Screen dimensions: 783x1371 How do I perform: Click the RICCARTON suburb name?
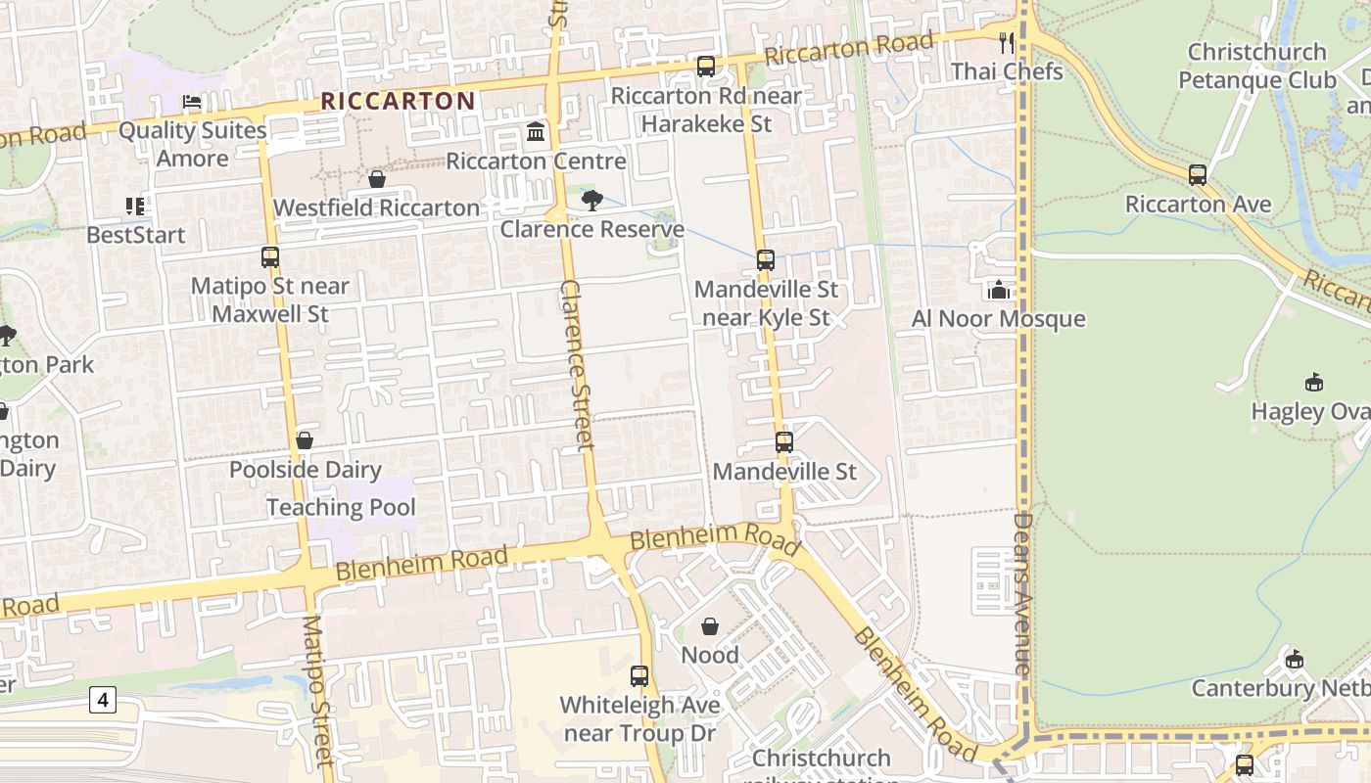(x=398, y=101)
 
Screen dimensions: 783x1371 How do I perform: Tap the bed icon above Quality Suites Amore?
(x=192, y=102)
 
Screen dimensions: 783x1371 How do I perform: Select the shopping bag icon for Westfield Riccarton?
(x=376, y=179)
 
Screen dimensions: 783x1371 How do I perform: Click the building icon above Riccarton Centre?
(x=536, y=131)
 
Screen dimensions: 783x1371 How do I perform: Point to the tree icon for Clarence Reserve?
(x=591, y=201)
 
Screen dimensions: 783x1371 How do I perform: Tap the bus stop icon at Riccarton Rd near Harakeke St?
(x=705, y=67)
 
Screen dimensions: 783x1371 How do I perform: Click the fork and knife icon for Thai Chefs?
(x=1006, y=42)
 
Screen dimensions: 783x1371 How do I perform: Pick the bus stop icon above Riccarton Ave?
(x=1197, y=175)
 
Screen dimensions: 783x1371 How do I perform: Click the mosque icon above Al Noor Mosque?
(x=998, y=290)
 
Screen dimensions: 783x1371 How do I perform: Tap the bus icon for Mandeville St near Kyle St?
(x=766, y=260)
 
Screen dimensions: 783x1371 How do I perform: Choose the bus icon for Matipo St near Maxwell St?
(x=269, y=257)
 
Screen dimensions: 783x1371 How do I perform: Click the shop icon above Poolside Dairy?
(x=305, y=440)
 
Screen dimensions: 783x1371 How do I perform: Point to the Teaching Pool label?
(x=341, y=507)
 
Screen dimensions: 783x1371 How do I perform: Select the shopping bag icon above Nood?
(x=710, y=626)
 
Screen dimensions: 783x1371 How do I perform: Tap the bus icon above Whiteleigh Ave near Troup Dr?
(x=639, y=675)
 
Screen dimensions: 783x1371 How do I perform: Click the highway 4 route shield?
(x=102, y=699)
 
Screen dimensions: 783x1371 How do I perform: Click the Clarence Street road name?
(x=577, y=364)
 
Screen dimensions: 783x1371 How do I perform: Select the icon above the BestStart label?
(x=135, y=206)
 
